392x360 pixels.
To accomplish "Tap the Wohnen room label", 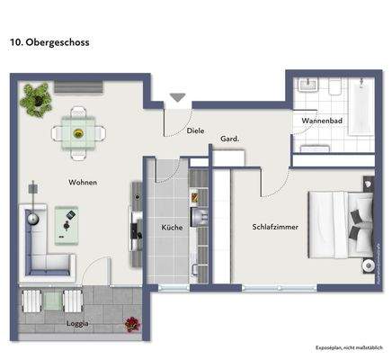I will [83, 183].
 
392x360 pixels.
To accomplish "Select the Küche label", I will [172, 228].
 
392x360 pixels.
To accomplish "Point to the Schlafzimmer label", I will [274, 227].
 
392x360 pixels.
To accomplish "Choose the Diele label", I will [195, 130].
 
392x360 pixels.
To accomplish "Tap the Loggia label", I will [77, 322].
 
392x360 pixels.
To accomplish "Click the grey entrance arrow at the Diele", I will [177, 98].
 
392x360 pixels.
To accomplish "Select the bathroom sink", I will [309, 88].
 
